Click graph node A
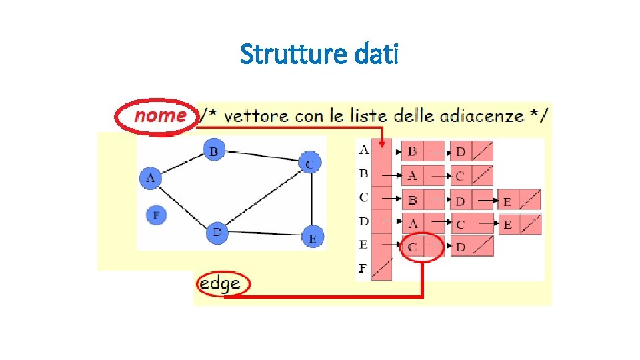(151, 178)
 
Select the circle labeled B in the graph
(213, 151)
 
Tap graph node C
(309, 163)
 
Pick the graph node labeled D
(217, 233)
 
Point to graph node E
(312, 237)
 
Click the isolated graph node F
(156, 215)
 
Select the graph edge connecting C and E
(311, 200)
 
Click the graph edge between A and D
(183, 205)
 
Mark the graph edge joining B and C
(261, 157)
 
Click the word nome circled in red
(160, 116)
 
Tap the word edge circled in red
(221, 285)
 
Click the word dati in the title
(377, 54)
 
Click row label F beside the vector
(363, 269)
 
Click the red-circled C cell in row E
(413, 247)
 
